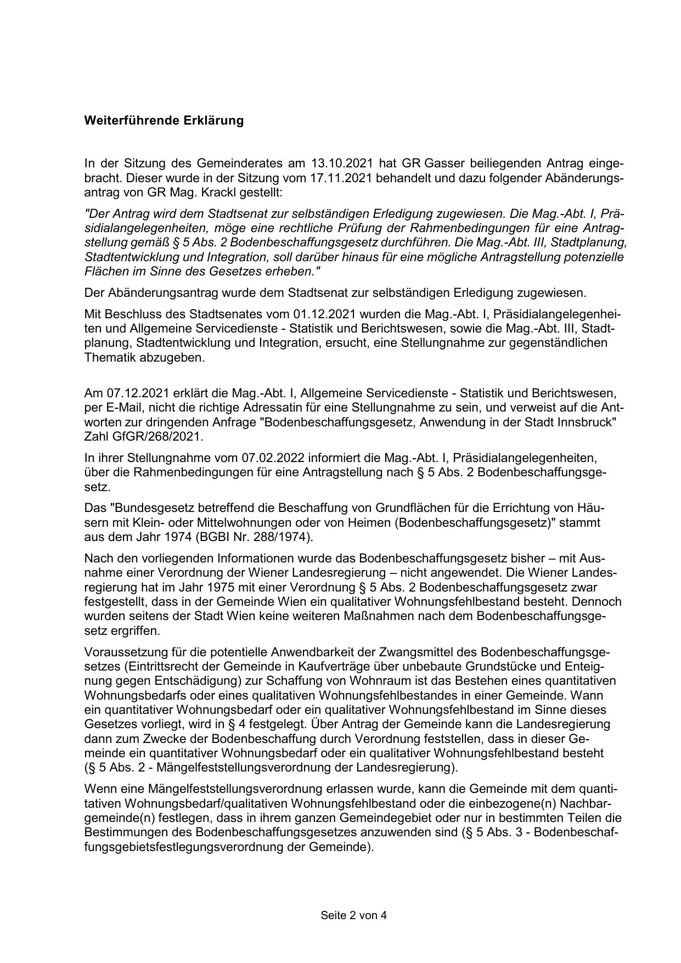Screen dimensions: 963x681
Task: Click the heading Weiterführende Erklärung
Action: (164, 121)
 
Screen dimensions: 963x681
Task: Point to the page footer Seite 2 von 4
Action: (354, 915)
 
